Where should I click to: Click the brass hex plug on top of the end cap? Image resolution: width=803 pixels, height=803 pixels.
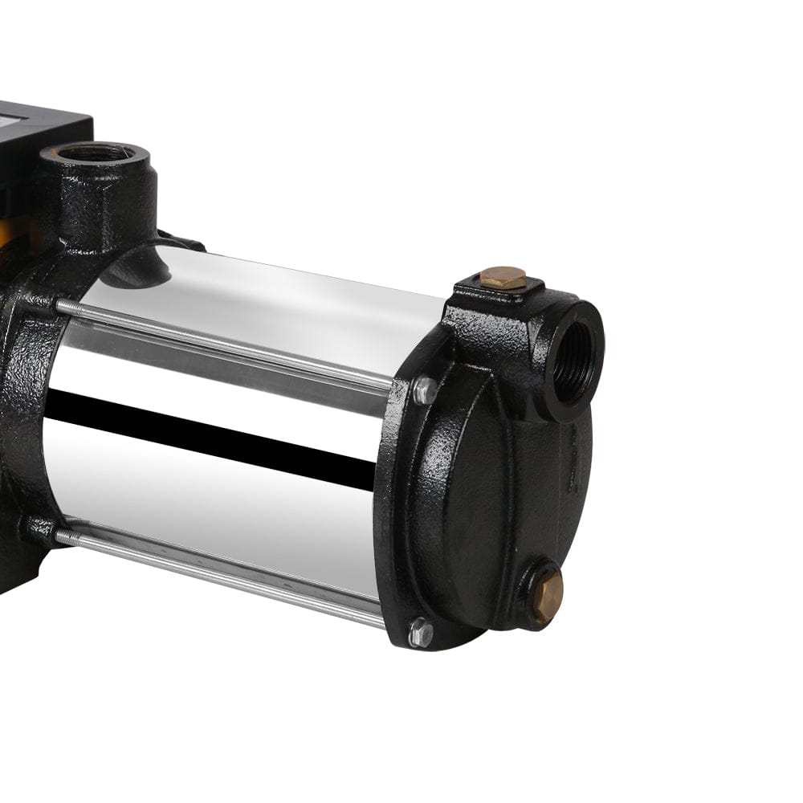click(503, 278)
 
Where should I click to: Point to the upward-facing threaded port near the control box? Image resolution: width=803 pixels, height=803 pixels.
click(98, 153)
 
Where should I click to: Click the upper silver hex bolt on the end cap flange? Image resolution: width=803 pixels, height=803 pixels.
click(424, 390)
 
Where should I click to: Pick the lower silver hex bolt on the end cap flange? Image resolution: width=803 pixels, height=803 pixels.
click(420, 632)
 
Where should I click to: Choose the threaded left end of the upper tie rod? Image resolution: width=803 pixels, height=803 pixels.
click(72, 307)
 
